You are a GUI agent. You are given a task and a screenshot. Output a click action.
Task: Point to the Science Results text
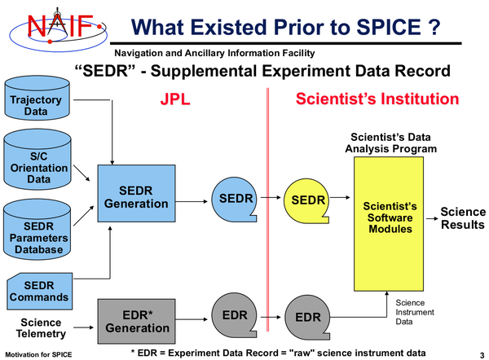(x=463, y=218)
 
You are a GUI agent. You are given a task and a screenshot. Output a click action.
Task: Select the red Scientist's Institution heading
(x=377, y=99)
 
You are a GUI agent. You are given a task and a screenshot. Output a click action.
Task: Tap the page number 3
(x=481, y=354)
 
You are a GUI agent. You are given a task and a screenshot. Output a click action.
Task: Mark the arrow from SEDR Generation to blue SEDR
(x=192, y=199)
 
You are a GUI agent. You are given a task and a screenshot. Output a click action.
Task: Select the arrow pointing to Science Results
(x=431, y=217)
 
